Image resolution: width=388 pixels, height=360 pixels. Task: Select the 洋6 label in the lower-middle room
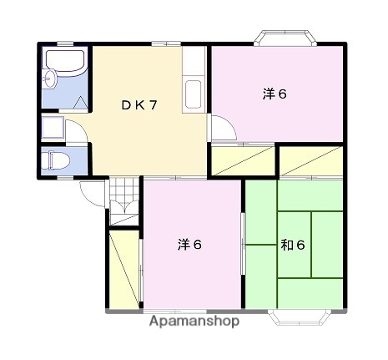(x=189, y=244)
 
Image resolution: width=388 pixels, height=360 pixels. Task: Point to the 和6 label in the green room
(x=292, y=245)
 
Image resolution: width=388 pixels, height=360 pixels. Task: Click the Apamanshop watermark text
(x=194, y=321)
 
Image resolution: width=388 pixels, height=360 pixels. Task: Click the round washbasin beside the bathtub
(x=51, y=79)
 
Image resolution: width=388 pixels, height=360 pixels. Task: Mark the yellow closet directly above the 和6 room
(x=310, y=160)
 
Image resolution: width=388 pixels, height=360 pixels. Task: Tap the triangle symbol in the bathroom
(x=81, y=102)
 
